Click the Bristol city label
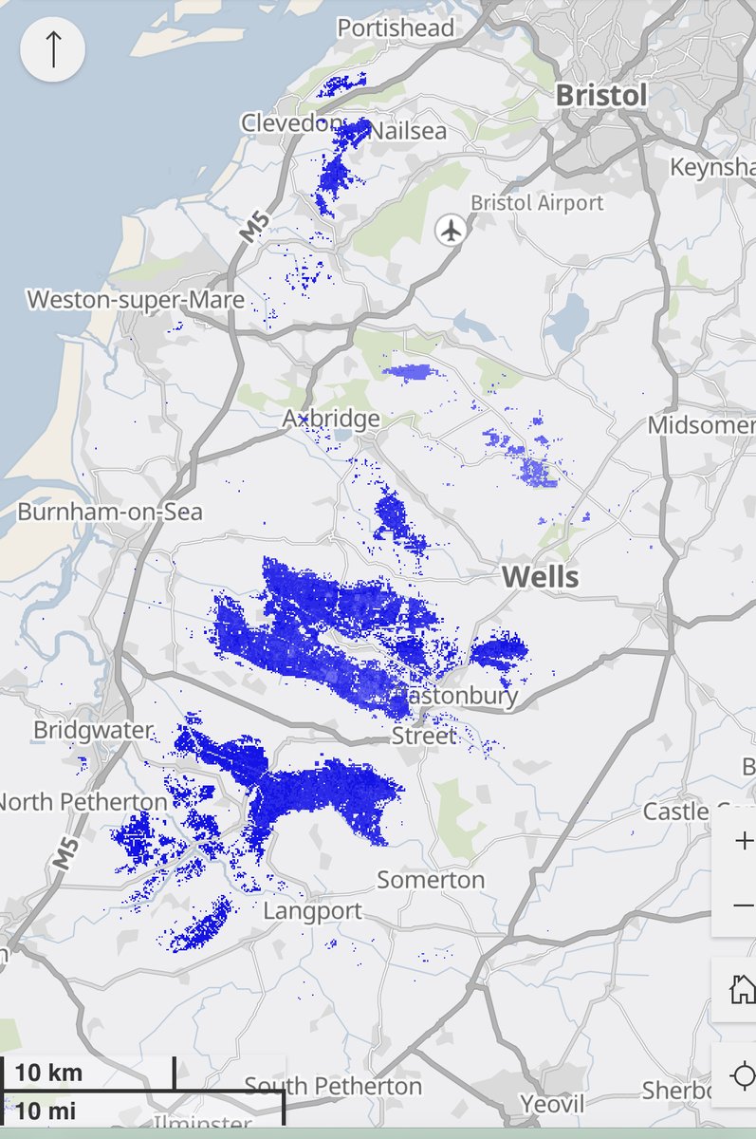[601, 95]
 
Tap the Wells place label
[540, 576]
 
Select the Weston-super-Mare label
[136, 300]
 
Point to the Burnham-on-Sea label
[110, 512]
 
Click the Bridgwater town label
[93, 730]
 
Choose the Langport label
[312, 911]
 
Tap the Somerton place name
[431, 880]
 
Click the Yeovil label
[552, 1104]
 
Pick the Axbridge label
[331, 419]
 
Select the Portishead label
[396, 28]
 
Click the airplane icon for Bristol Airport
[452, 229]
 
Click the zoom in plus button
[744, 841]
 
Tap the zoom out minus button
[744, 906]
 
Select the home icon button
[742, 990]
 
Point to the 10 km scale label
[49, 1074]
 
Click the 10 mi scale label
[46, 1110]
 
